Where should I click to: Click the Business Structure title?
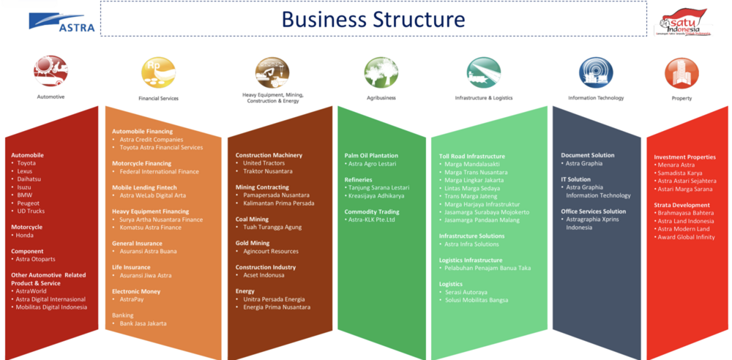(373, 19)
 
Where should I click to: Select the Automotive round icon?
(51, 72)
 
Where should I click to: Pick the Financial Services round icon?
(158, 72)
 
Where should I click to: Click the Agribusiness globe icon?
(381, 72)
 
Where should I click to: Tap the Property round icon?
(681, 73)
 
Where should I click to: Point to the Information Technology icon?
(596, 72)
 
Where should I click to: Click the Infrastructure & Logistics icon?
(484, 72)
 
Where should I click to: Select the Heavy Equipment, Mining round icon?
(272, 72)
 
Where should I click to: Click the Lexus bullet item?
(25, 171)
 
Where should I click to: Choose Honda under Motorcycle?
(24, 235)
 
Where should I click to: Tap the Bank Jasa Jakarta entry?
(143, 323)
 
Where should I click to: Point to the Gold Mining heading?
(253, 243)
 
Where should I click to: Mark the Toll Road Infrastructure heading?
(471, 156)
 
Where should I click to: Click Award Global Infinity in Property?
(686, 237)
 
